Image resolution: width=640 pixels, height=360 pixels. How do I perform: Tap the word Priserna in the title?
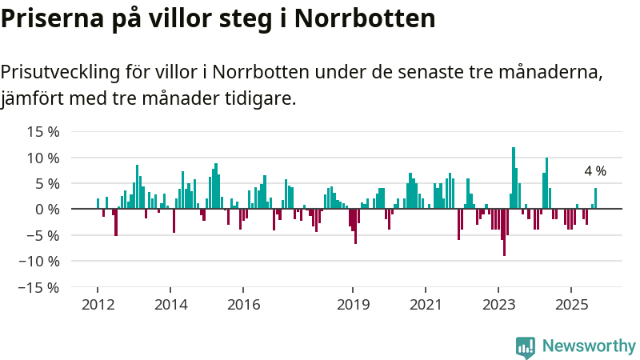pyautogui.click(x=54, y=18)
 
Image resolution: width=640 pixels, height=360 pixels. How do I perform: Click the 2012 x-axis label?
pyautogui.click(x=98, y=305)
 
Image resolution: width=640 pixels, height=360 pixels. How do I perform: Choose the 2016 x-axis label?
pyautogui.click(x=243, y=305)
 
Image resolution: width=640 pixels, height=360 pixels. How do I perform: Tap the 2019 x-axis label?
pyautogui.click(x=353, y=305)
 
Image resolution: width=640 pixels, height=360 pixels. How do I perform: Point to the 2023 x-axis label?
pyautogui.click(x=498, y=305)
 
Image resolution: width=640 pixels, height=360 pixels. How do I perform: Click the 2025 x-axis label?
pyautogui.click(x=571, y=305)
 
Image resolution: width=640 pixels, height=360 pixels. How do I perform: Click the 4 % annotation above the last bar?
pyautogui.click(x=595, y=171)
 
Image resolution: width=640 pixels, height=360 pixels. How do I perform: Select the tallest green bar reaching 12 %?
pyautogui.click(x=514, y=178)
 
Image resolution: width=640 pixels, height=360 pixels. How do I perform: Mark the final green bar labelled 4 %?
pyautogui.click(x=595, y=198)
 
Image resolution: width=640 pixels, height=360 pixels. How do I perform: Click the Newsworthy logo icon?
pyautogui.click(x=526, y=346)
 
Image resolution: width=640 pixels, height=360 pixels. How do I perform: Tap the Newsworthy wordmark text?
pyautogui.click(x=588, y=346)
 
